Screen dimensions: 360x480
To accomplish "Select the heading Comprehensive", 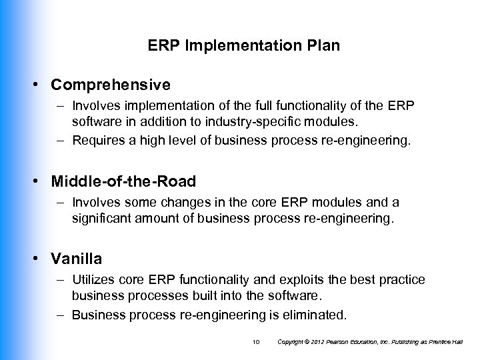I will coord(111,85).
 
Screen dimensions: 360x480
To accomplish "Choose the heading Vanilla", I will coord(77,259).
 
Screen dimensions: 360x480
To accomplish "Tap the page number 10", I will coord(256,342).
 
